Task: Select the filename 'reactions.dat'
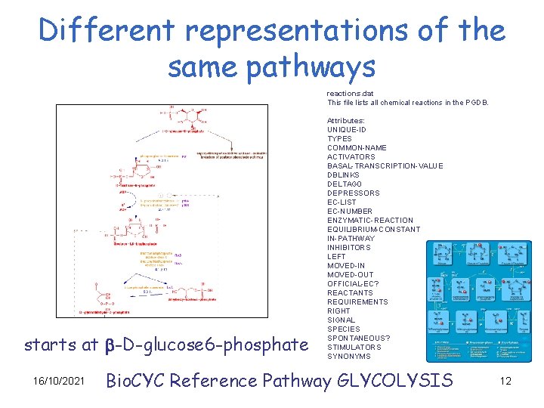point(350,93)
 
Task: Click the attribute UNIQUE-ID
point(346,129)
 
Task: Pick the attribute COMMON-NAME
point(357,147)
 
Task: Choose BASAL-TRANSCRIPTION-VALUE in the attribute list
point(385,165)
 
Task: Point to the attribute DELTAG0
point(345,184)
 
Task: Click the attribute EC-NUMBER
point(350,211)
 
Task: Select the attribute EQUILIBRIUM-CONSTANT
point(373,229)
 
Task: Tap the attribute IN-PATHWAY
point(351,238)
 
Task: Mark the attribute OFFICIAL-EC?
point(353,283)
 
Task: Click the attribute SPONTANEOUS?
point(359,338)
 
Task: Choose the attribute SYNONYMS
point(349,356)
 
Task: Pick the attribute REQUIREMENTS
point(357,301)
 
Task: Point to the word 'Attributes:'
point(346,120)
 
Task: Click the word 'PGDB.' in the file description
point(478,102)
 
